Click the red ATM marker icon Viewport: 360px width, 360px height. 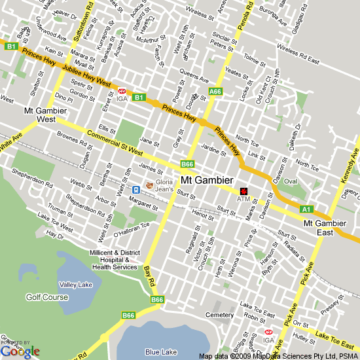click(x=244, y=189)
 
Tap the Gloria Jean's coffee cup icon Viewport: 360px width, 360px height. click(x=150, y=186)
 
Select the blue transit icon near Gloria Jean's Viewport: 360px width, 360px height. click(x=135, y=190)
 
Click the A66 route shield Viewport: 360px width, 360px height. click(x=215, y=91)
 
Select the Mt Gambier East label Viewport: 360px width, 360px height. click(x=324, y=228)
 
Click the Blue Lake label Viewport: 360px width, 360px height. click(x=161, y=351)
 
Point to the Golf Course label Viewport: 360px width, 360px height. click(x=46, y=297)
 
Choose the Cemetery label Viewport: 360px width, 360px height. click(x=219, y=315)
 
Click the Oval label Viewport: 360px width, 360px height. click(x=291, y=181)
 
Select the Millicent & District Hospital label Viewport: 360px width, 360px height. click(x=115, y=260)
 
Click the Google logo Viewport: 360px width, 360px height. click(x=20, y=351)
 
